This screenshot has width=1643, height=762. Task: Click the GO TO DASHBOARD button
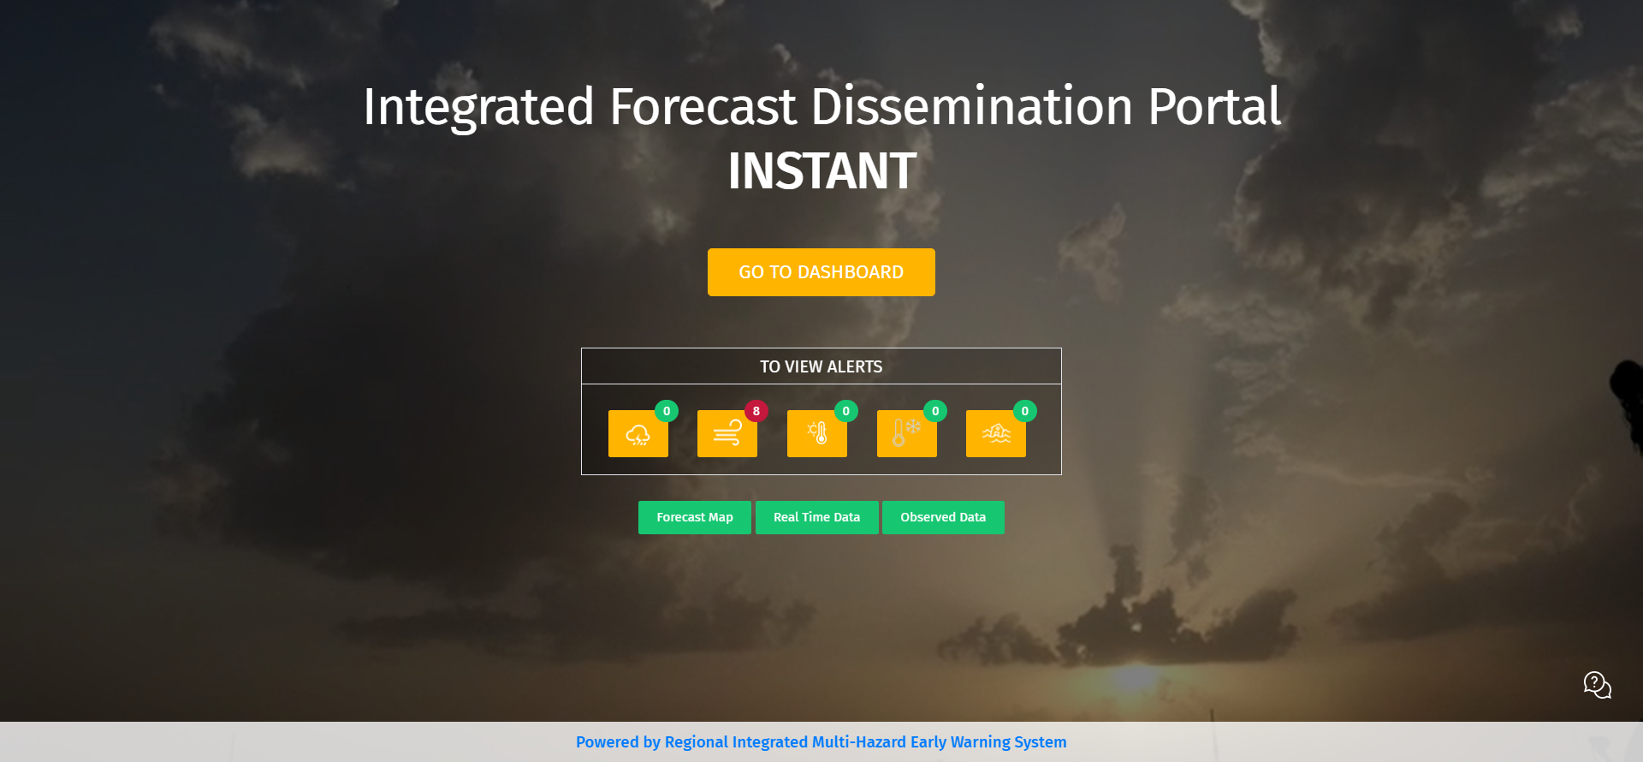pos(821,272)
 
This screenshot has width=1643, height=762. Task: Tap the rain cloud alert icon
pos(638,434)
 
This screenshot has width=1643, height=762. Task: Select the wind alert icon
pos(727,434)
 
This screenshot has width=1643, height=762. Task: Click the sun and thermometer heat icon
pos(817,434)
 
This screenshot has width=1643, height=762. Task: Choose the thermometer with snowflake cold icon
pos(907,434)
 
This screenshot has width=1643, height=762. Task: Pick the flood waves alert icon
pos(996,434)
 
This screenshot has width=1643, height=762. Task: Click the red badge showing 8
pos(756,411)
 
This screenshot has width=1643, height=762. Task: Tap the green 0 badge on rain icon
pos(667,411)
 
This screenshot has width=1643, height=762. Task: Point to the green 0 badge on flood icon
pos(1025,411)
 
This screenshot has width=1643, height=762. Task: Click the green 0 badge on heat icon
pos(846,411)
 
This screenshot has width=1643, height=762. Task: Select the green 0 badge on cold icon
pos(935,411)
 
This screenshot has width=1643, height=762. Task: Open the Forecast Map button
pos(695,517)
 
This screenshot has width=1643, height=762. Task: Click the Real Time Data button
pos(817,517)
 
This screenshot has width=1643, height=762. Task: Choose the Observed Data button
pos(943,517)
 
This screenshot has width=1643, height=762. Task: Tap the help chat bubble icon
pos(1597,685)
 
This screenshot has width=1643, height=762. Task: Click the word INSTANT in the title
pos(822,171)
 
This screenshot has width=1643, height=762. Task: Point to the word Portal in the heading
pos(1214,107)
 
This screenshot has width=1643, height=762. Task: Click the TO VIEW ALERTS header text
pos(821,366)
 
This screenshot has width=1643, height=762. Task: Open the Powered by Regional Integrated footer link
pos(821,742)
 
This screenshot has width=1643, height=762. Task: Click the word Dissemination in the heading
pos(972,107)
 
